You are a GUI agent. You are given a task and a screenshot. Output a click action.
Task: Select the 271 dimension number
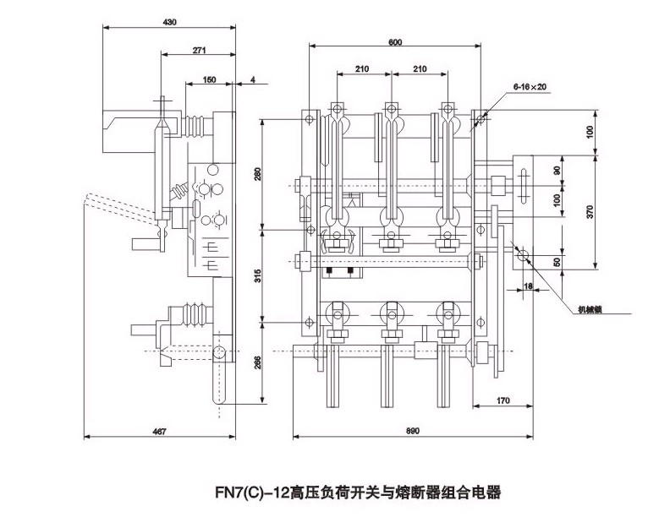[199, 51]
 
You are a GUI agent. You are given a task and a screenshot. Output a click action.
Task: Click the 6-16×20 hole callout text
[530, 86]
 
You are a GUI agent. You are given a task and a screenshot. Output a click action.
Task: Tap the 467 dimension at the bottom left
[159, 432]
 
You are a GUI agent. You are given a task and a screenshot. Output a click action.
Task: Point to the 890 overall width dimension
[413, 432]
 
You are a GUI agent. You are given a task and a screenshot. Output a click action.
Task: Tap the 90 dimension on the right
[556, 170]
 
